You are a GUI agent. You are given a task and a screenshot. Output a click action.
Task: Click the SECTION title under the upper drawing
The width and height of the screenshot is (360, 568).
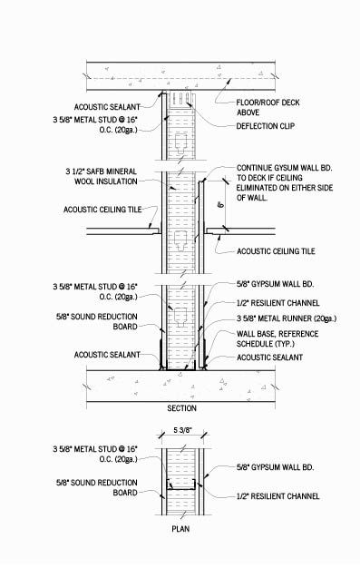pos(181,407)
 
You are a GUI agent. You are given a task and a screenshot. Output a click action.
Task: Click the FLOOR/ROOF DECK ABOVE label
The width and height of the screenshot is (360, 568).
pos(267,108)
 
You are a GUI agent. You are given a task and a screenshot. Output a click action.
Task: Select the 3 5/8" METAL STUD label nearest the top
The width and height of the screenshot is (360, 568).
pos(95,122)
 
